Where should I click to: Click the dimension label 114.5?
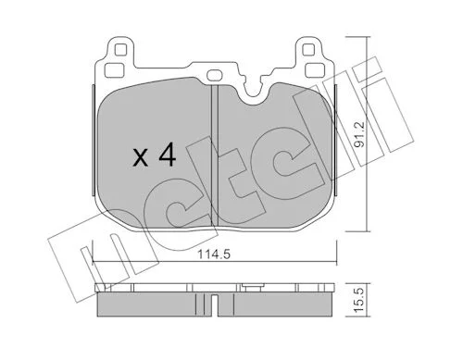point(214,254)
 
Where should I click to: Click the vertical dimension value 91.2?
point(359,134)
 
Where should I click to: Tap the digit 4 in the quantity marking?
point(167,155)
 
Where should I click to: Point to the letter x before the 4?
point(141,158)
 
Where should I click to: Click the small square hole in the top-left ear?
point(120,49)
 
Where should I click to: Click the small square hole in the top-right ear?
point(308,49)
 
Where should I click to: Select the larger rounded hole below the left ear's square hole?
point(114,70)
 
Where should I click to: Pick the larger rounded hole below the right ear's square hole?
point(314,70)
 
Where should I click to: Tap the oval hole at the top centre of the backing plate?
point(214,74)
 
